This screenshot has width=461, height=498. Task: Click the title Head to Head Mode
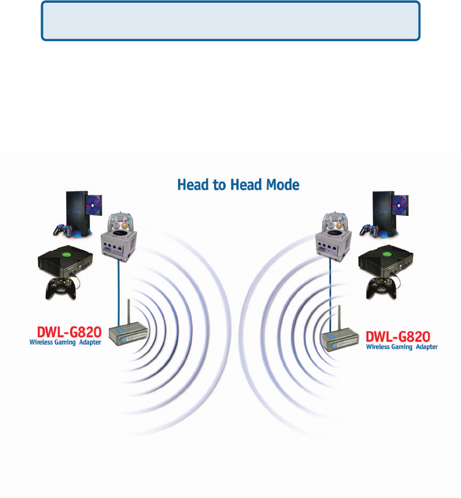point(238,185)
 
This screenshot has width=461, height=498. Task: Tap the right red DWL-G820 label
point(397,336)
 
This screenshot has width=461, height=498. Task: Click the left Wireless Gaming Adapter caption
point(65,343)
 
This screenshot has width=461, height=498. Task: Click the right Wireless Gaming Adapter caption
point(402,346)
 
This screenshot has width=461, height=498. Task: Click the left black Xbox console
point(64,263)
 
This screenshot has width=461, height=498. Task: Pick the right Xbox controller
point(380,288)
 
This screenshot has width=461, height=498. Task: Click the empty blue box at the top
point(231,21)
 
